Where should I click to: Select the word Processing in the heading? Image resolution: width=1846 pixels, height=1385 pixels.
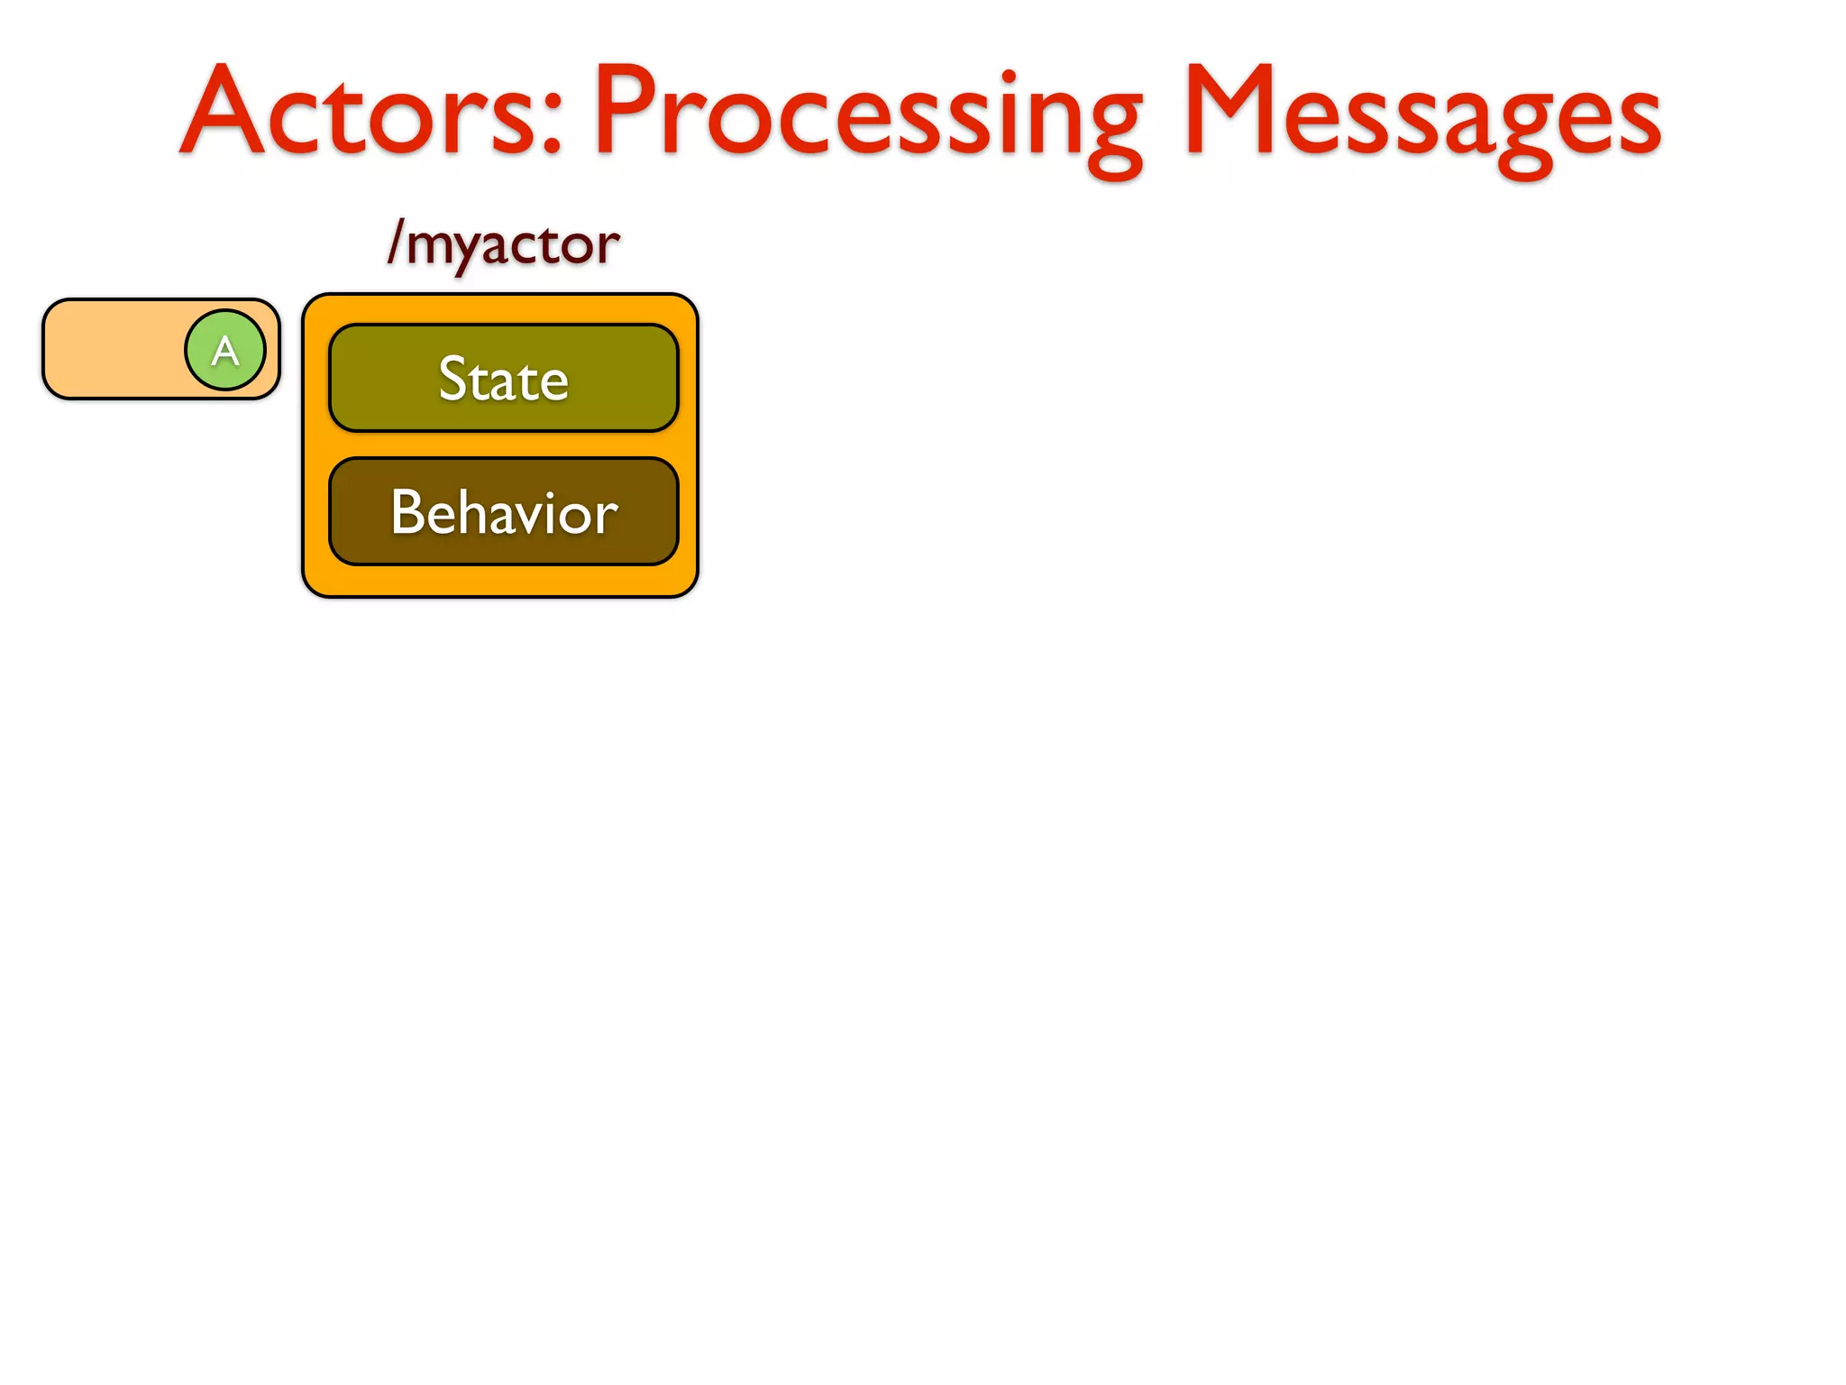click(865, 113)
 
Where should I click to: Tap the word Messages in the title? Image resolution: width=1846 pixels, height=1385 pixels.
click(1422, 113)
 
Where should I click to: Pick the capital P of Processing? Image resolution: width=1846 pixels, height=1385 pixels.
click(627, 110)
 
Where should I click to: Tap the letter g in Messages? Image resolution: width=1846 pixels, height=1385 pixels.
click(1523, 135)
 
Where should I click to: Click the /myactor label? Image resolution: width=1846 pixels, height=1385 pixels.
click(503, 243)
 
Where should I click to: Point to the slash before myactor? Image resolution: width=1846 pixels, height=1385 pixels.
click(395, 242)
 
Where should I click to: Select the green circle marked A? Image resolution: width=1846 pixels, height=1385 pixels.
click(225, 350)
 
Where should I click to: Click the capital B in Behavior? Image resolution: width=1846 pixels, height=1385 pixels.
click(407, 512)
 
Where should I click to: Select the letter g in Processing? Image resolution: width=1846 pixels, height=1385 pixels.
click(1114, 135)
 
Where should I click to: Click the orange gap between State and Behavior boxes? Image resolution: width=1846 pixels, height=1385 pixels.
click(503, 445)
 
